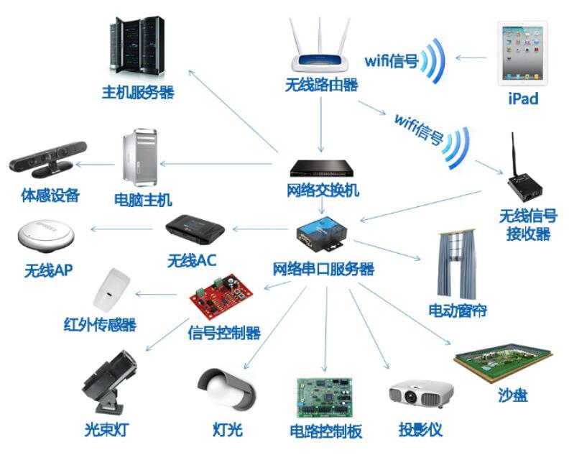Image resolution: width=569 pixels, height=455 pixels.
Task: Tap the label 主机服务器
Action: point(137,93)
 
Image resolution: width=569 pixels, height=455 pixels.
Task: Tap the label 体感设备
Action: point(50,195)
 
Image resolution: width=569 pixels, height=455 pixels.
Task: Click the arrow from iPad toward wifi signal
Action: point(470,59)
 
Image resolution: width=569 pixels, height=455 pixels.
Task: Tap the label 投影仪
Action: point(420,431)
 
